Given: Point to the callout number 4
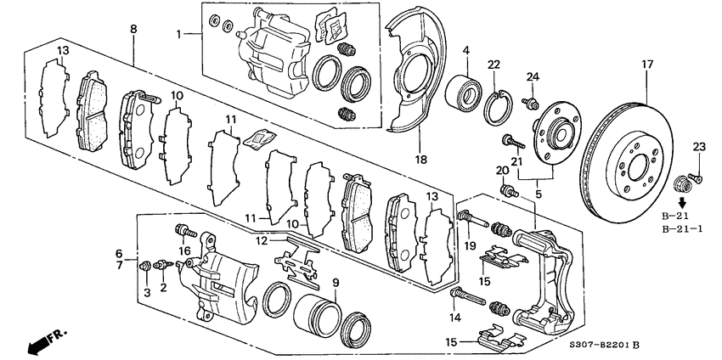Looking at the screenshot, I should (x=465, y=52).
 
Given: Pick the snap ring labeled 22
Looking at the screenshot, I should (x=499, y=110).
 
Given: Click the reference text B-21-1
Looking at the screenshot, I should (x=682, y=228).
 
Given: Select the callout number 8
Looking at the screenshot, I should (x=133, y=29).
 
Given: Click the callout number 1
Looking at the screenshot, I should (x=179, y=35).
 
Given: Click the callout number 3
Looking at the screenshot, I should (x=147, y=292).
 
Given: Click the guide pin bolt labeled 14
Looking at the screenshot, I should (x=466, y=297).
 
